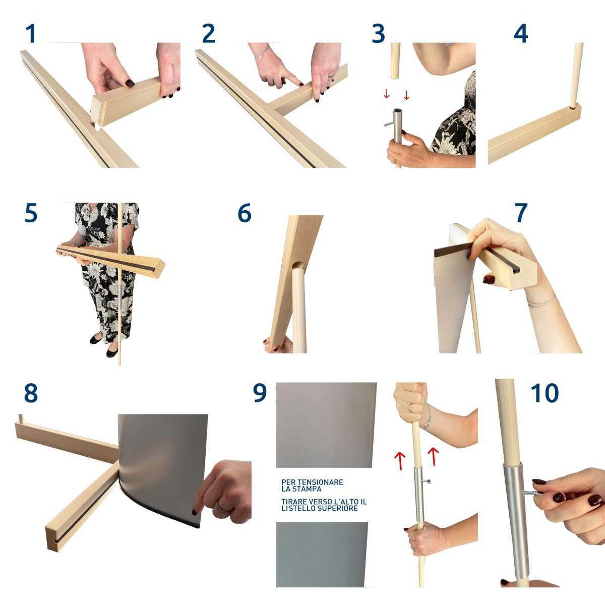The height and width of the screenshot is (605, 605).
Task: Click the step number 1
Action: pos(31,34)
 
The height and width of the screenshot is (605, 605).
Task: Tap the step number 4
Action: pos(520,34)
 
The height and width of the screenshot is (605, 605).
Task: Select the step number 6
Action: pos(245,213)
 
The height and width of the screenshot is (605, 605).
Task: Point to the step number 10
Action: pos(544,393)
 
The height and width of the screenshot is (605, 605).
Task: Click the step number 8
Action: pos(31,393)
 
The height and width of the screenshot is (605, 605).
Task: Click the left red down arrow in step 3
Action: pos(387,94)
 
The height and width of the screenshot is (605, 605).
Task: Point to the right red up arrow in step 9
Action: pos(433,456)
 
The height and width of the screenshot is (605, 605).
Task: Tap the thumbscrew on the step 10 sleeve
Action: pos(533,493)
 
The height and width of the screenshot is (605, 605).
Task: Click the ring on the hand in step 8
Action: pos(222,507)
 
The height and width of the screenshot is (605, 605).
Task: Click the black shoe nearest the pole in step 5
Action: pos(112,352)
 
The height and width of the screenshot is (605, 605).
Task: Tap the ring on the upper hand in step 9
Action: pos(410,407)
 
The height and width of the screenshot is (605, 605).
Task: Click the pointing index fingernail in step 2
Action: pos(301,84)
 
